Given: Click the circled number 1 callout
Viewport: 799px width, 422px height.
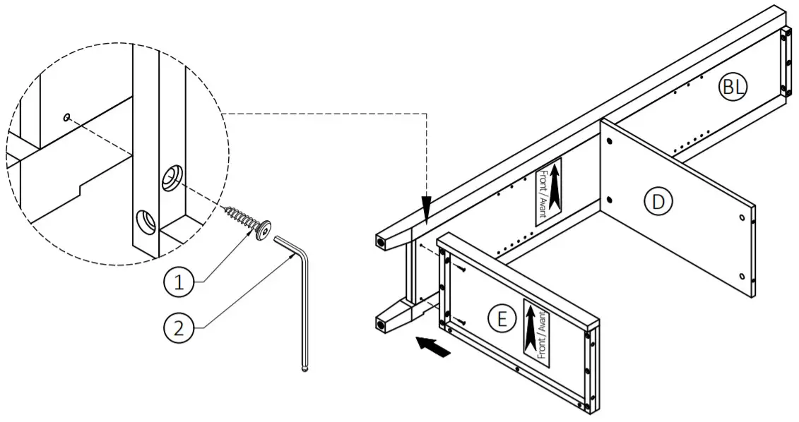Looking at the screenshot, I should [x=179, y=283].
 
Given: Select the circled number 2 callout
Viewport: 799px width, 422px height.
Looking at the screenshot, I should [x=179, y=328].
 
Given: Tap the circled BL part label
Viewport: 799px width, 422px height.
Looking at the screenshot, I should [x=733, y=87].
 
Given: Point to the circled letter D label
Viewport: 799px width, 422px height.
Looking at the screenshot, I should [x=658, y=203].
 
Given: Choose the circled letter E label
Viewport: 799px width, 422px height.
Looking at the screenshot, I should [x=502, y=319].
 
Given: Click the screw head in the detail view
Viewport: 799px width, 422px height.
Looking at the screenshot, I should [x=264, y=230].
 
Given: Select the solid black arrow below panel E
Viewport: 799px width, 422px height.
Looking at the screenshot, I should [x=432, y=346].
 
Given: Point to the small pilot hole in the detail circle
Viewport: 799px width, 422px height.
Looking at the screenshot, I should [x=66, y=118].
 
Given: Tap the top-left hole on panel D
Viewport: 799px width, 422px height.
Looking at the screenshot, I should [x=609, y=141].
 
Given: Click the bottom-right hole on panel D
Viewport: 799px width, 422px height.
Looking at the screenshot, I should [x=740, y=276].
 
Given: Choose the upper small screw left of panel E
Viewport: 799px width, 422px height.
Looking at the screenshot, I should [x=459, y=268].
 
